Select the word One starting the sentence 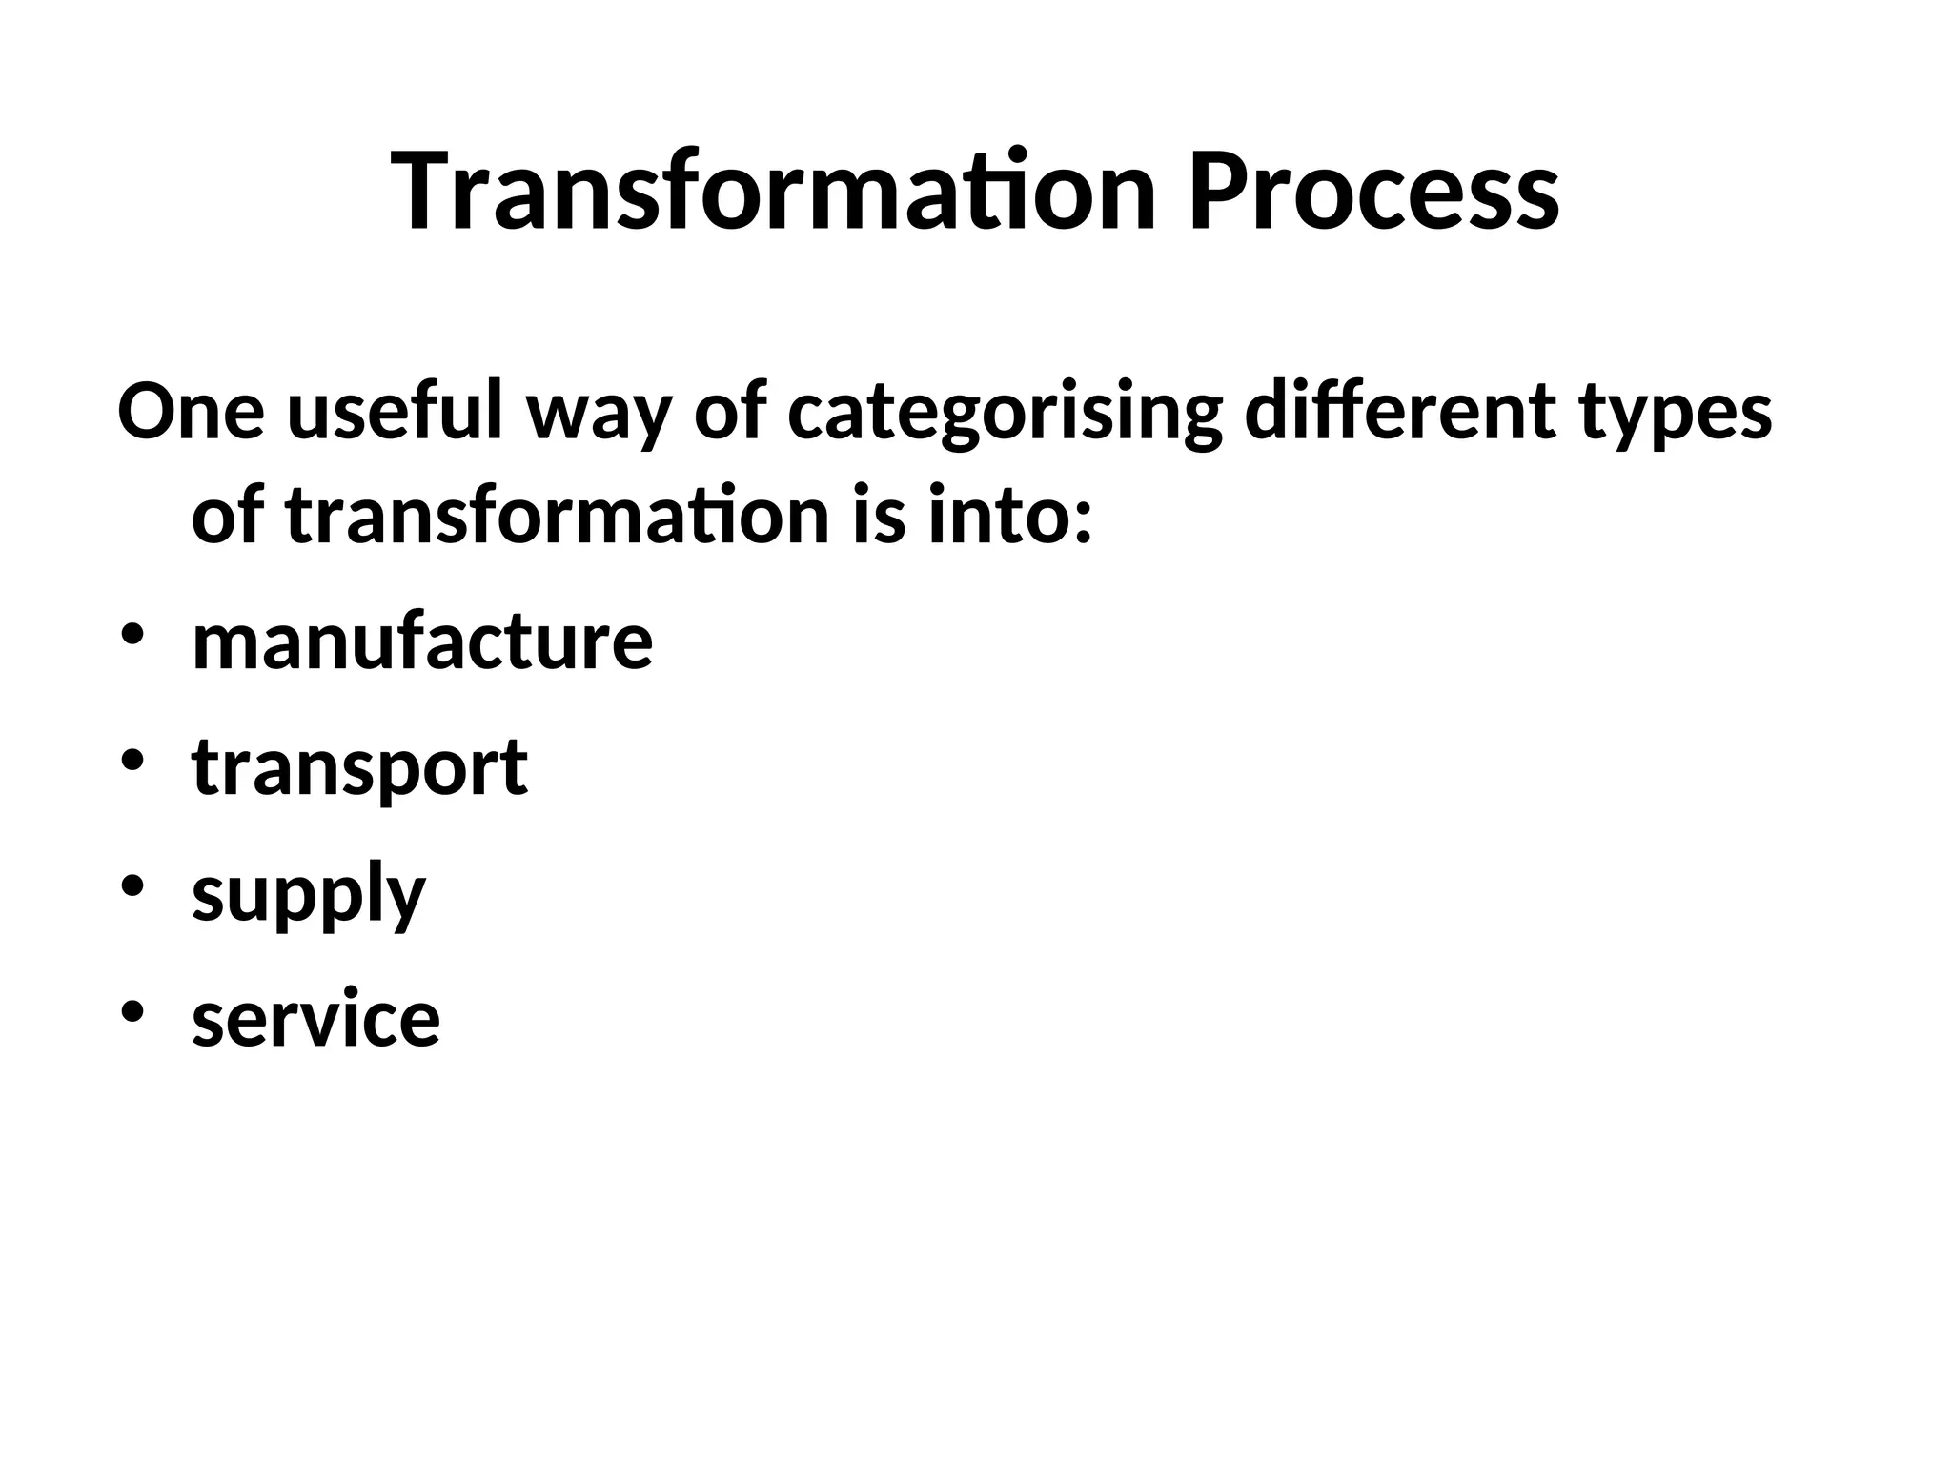pos(191,412)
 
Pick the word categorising pos(1006,416)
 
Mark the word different pos(1400,412)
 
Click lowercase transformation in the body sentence pos(558,517)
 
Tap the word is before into pos(878,517)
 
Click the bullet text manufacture pos(422,641)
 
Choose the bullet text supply pos(308,896)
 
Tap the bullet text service pos(315,1018)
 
